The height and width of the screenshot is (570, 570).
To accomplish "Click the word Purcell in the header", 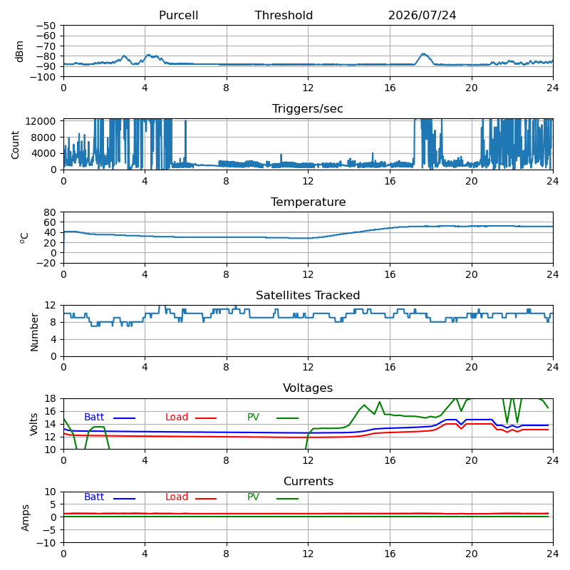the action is (179, 15).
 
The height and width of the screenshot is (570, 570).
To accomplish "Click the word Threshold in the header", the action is (284, 15).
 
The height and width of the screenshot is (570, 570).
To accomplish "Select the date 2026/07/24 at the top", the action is (422, 15).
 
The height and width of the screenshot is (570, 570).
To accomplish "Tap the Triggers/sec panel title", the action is (308, 109).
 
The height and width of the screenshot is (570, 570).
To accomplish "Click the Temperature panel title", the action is (309, 202).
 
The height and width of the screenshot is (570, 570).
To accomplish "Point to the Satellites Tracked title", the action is (308, 295).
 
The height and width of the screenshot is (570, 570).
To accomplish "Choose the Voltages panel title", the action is (308, 388).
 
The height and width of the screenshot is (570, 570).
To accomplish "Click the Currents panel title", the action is (309, 482).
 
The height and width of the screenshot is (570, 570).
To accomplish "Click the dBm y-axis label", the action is (20, 51).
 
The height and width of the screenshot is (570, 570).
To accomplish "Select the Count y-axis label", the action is (15, 145).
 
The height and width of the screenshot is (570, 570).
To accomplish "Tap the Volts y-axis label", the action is (34, 424).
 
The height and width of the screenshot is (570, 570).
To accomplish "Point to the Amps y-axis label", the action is (25, 518).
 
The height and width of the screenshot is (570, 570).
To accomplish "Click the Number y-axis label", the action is (34, 332).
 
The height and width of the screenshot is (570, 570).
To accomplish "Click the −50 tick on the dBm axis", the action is (46, 26).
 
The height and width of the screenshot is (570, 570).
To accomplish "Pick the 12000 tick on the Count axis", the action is (40, 121).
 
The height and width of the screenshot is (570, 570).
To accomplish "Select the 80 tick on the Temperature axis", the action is (50, 212).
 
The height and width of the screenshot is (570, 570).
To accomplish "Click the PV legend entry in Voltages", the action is (273, 418).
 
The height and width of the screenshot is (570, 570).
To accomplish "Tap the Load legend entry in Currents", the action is (191, 497).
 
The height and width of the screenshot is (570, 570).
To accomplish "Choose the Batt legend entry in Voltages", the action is (110, 418).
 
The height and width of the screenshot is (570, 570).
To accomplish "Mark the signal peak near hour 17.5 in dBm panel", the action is (423, 54).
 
